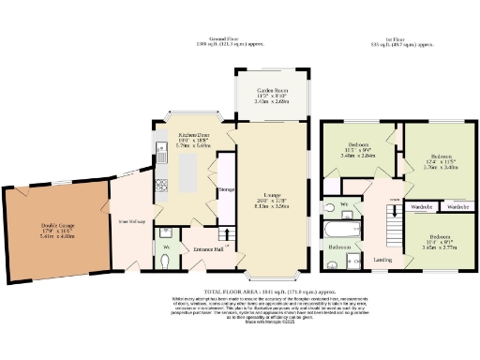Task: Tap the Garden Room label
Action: pyautogui.click(x=274, y=91)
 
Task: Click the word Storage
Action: pyautogui.click(x=226, y=188)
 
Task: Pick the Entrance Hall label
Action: pyautogui.click(x=208, y=249)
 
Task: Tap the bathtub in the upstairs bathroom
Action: pyautogui.click(x=337, y=228)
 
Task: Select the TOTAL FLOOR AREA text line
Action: pyautogui.click(x=240, y=293)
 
